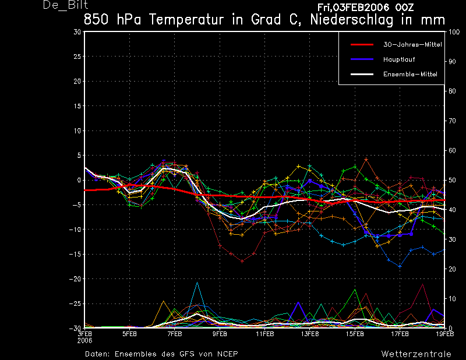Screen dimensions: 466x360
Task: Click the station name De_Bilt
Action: coord(65,5)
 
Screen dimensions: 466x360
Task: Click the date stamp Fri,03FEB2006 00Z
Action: coord(365,8)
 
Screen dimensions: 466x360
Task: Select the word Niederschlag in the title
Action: coord(352,20)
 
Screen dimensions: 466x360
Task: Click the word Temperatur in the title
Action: coord(186,20)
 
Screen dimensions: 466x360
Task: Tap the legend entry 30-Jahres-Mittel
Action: coord(412,45)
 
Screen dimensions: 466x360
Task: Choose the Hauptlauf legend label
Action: coord(399,59)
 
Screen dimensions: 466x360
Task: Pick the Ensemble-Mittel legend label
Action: coord(410,75)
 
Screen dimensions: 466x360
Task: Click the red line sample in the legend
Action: coord(362,45)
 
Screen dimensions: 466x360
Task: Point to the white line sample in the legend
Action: coord(362,74)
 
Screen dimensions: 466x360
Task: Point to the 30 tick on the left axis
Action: coord(77,32)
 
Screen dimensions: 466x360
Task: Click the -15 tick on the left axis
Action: coord(75,255)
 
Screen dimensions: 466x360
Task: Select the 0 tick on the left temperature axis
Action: coord(79,180)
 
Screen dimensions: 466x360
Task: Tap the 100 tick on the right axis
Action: coord(454,32)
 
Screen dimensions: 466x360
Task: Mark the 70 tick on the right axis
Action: coord(452,121)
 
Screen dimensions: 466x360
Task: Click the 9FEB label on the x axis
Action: coord(220,334)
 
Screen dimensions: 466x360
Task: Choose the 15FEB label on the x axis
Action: coord(355,334)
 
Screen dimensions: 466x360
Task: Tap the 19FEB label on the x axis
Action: coord(445,334)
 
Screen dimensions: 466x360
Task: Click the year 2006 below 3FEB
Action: coord(84,341)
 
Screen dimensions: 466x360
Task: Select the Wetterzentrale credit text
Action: coord(416,354)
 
